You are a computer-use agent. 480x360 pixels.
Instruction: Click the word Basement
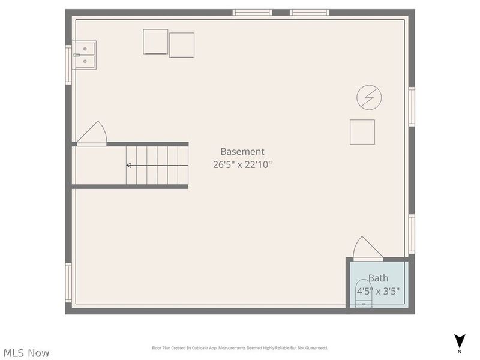[242, 152]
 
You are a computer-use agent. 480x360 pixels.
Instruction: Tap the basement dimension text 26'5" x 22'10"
[242, 164]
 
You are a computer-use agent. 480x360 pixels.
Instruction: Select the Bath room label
[378, 278]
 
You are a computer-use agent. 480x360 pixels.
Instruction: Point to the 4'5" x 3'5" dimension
[378, 291]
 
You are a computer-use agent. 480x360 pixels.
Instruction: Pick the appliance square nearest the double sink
[155, 41]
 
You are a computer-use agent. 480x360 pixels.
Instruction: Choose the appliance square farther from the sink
[182, 45]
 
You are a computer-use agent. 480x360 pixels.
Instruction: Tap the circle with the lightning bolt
[369, 97]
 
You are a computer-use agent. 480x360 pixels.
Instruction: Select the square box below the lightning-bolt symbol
[362, 132]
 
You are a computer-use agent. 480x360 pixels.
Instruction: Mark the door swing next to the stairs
[92, 133]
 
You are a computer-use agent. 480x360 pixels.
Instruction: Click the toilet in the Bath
[364, 293]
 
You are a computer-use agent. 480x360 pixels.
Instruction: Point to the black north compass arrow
[460, 340]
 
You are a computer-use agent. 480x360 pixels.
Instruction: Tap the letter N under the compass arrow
[460, 352]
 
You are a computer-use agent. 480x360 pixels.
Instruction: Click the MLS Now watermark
[26, 353]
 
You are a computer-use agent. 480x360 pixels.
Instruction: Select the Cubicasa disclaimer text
[240, 348]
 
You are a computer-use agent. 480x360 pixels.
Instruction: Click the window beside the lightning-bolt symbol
[412, 106]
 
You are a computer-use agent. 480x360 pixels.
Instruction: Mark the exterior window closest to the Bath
[412, 234]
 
